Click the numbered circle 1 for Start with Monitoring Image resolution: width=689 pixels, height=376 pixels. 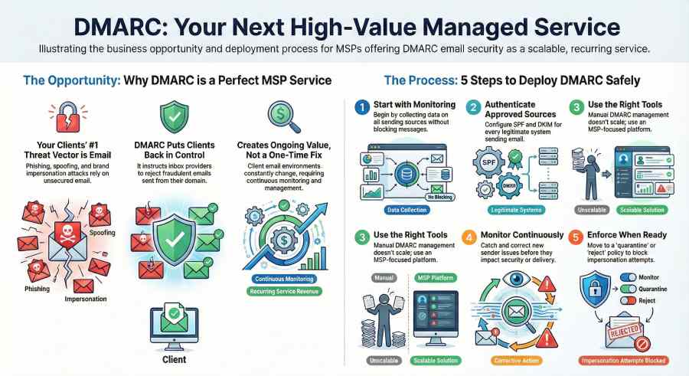(362, 106)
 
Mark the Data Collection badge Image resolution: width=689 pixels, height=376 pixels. (404, 208)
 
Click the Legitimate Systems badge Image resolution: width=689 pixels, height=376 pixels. (514, 208)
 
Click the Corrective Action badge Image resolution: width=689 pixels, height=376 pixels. (514, 360)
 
